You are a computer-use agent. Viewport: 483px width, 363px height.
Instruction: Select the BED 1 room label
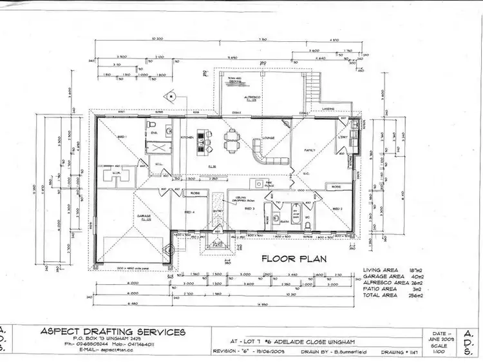pyautogui.click(x=120, y=137)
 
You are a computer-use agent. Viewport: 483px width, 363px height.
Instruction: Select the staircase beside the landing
pyautogui.click(x=313, y=81)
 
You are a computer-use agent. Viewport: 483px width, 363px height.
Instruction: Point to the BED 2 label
pyautogui.click(x=338, y=209)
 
